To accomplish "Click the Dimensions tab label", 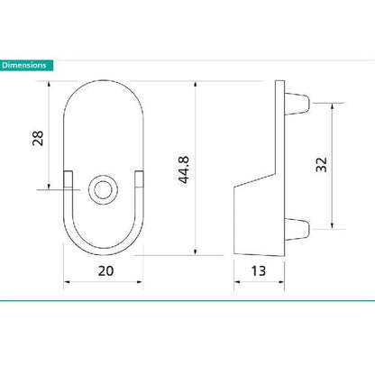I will (26, 66).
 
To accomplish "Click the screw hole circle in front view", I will (102, 190).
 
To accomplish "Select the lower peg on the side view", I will (301, 226).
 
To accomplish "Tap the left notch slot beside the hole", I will (68, 179).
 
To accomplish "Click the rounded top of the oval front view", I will (102, 84).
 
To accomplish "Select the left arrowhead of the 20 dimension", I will (67, 281).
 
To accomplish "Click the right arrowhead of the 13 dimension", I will (272, 281).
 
